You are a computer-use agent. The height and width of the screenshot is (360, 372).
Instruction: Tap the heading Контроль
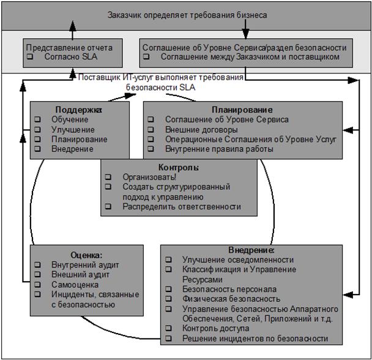tap(179, 167)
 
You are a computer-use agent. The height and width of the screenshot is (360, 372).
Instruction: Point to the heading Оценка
tap(86, 254)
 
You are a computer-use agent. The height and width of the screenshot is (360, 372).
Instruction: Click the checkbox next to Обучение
tap(39, 119)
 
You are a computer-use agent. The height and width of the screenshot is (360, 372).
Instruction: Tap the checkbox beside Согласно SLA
tap(30, 56)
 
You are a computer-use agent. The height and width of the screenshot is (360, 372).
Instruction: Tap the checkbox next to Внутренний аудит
tap(38, 264)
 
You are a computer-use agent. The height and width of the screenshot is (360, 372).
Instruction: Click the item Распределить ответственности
tap(181, 207)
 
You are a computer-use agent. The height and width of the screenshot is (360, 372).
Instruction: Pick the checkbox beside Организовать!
tap(108, 176)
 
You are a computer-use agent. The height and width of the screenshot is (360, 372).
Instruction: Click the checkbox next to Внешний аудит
tap(38, 274)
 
